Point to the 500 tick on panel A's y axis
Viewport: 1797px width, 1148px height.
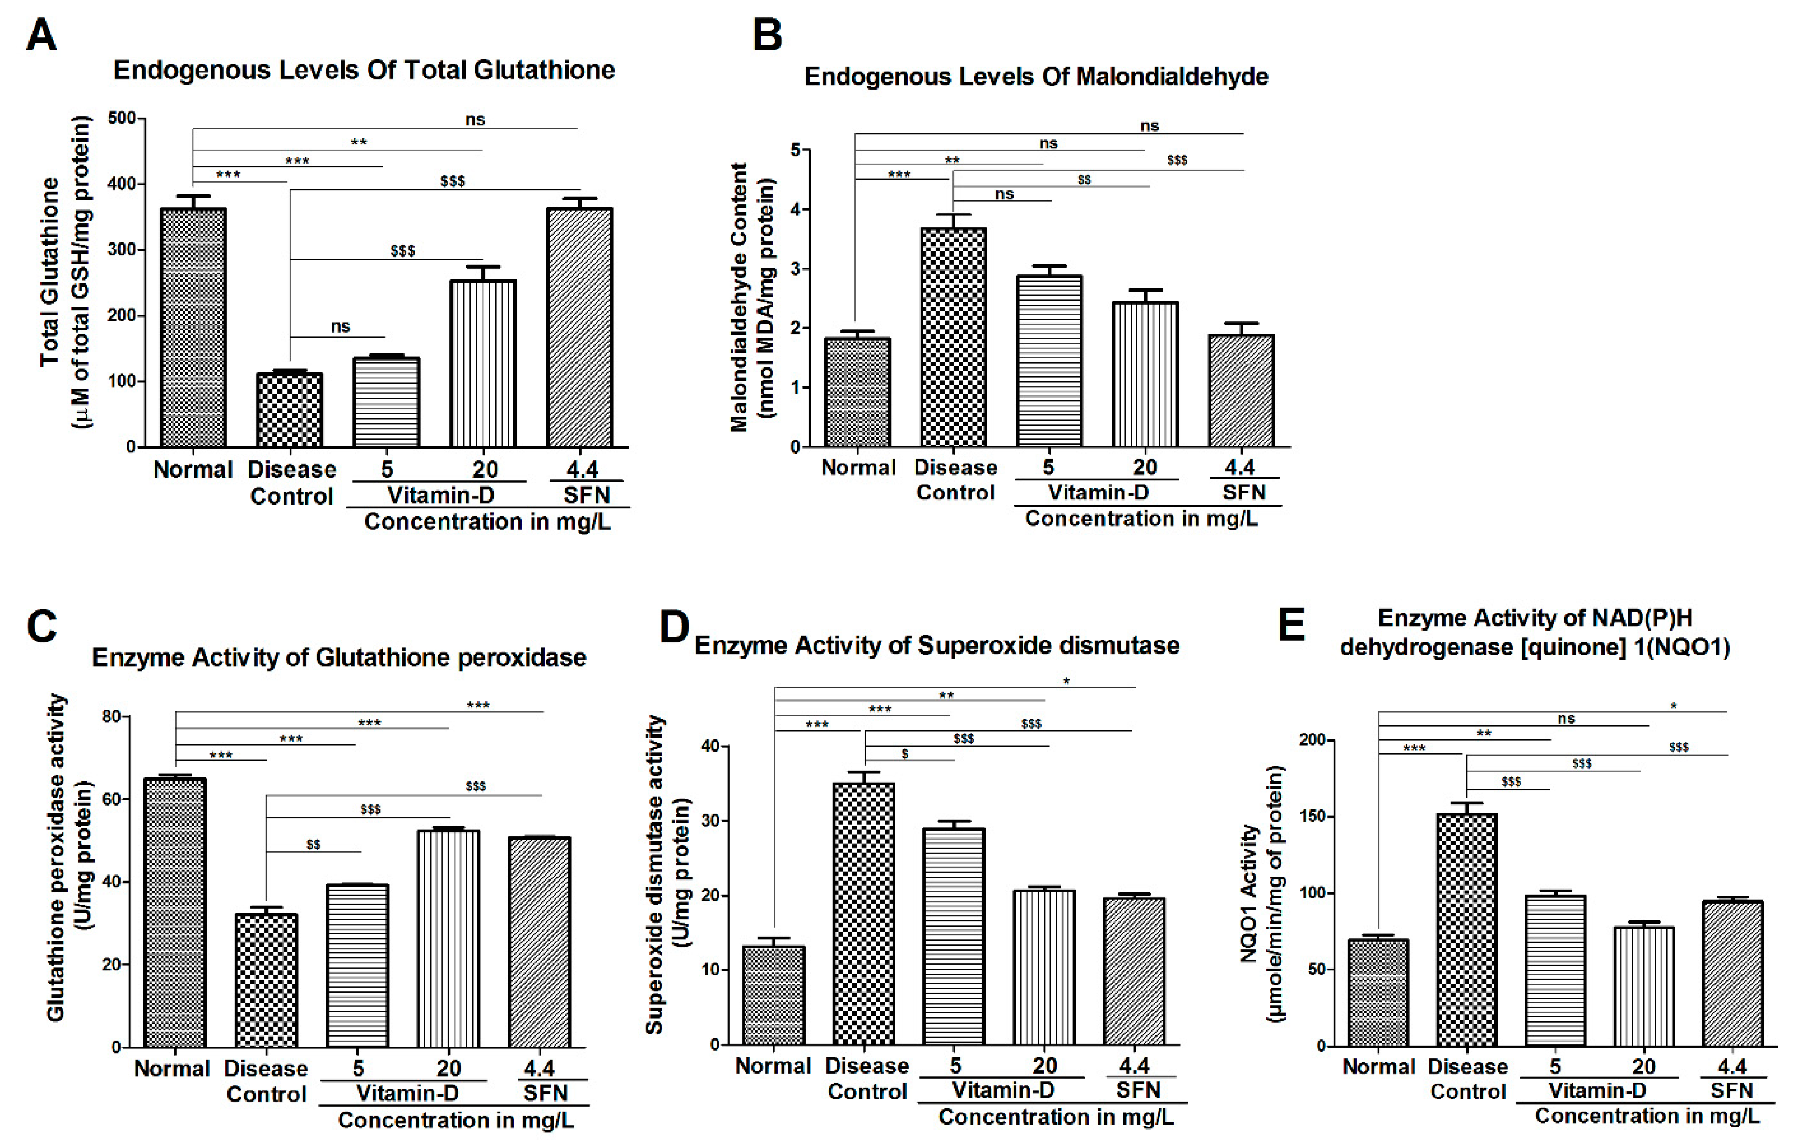tap(121, 118)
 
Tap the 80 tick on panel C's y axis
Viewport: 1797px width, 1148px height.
tap(111, 717)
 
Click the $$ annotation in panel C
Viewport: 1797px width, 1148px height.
tap(313, 844)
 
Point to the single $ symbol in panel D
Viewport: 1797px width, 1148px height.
tap(904, 754)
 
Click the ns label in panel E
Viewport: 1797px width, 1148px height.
tap(1566, 718)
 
